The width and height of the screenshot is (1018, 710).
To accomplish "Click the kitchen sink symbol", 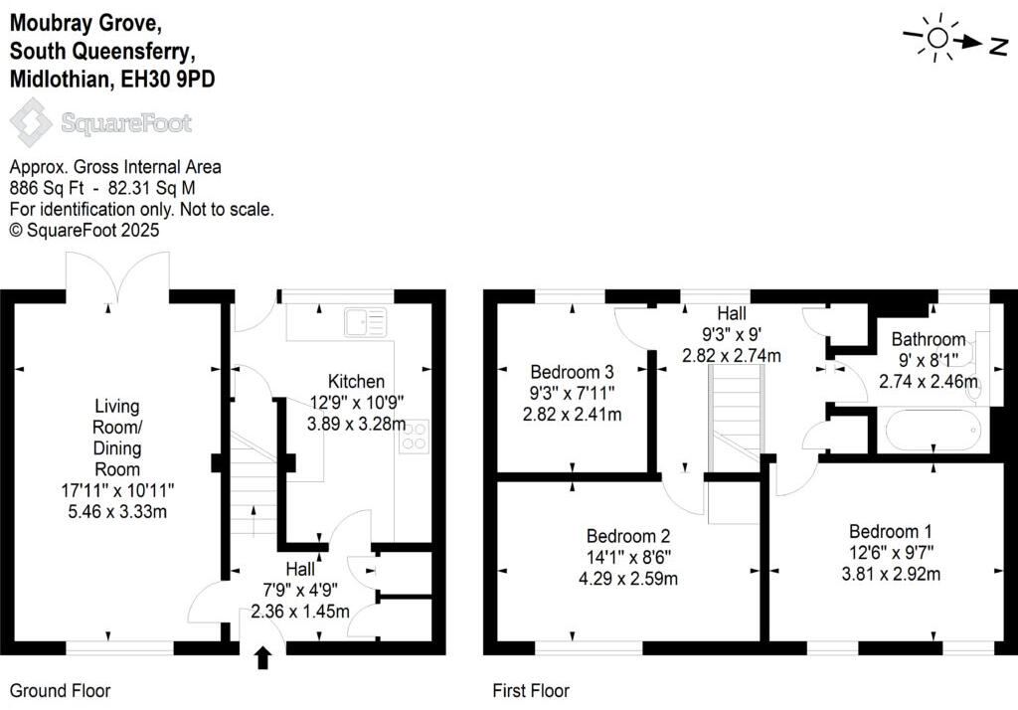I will coord(365,322).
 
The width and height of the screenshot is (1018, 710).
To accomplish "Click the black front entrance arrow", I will coord(263,658).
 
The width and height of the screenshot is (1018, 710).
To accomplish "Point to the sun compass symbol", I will coord(935,38).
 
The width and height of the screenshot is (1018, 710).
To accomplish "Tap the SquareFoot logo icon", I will coord(31,123).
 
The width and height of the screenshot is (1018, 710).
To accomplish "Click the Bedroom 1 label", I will coord(890,531).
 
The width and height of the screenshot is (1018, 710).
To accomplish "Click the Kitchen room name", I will coord(356,381).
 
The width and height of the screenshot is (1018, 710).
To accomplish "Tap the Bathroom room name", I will coord(928,338).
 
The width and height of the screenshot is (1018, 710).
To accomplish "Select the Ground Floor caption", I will coord(60,690).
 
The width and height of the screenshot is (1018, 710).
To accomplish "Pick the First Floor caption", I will coord(531,690).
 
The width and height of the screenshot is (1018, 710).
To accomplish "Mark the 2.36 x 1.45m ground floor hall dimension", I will coord(300,612).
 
